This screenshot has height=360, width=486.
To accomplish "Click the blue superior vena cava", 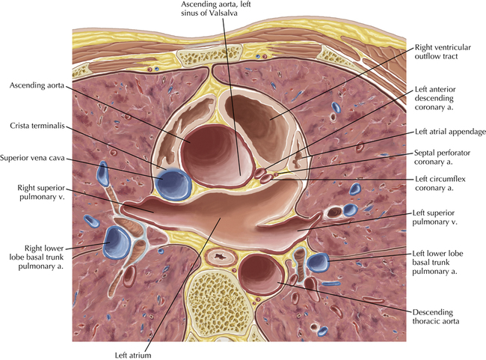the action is pos(173,184).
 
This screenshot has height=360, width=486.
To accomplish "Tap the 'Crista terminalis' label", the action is pos(37,126).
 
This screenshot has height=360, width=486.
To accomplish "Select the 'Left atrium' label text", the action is pos(133,355).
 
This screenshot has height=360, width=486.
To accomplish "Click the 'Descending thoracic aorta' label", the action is pos(435,317).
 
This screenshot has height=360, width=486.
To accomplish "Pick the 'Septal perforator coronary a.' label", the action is pos(442,157).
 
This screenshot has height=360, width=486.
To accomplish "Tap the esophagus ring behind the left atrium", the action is pos(220,257).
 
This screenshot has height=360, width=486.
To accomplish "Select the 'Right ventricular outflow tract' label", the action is pos(443,52).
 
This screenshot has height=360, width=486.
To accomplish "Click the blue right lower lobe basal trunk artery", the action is pos(117,242).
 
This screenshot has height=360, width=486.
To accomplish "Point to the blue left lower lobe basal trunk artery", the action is pos(318,263).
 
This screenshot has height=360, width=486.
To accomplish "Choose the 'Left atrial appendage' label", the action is pos(450,132).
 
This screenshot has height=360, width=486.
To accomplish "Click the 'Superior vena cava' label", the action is pos(33,158).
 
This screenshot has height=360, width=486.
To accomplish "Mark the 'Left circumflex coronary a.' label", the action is pos(440,183).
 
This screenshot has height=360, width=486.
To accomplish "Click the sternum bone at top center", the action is pos(209,55).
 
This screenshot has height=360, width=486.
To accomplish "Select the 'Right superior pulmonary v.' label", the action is pos(41,192).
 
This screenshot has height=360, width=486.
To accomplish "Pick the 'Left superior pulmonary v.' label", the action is pos(434,217).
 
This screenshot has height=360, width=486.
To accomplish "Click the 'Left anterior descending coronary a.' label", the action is pos(435,98).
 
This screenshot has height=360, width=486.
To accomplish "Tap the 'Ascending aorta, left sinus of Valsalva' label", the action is pos(216,9).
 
